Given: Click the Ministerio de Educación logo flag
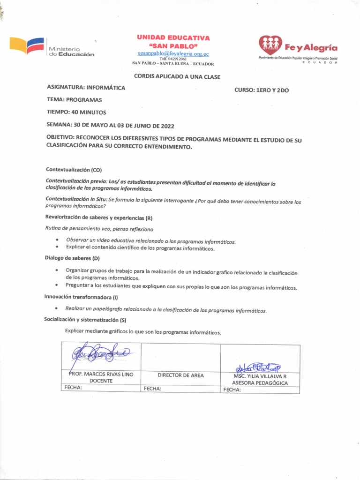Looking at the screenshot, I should coord(27,46).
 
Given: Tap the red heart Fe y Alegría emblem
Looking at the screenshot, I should coord(270,45).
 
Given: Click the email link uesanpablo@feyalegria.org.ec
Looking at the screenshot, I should coord(173,54).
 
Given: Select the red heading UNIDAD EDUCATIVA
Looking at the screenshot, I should coord(173,37).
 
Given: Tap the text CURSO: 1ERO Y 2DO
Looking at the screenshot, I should coord(262,90).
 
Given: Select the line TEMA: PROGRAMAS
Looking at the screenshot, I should coord(74,100).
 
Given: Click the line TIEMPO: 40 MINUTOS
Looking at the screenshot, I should coord(76,112).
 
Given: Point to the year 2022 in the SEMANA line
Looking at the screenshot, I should coord(167,126).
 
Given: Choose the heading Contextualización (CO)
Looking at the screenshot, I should coord(74,169).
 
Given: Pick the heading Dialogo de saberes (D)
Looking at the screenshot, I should coord(72,258).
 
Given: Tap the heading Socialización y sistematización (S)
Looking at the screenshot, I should coord(85,320).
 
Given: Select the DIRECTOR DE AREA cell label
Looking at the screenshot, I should coord(180,375).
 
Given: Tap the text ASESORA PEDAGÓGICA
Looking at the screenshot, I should coord(260,383).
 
